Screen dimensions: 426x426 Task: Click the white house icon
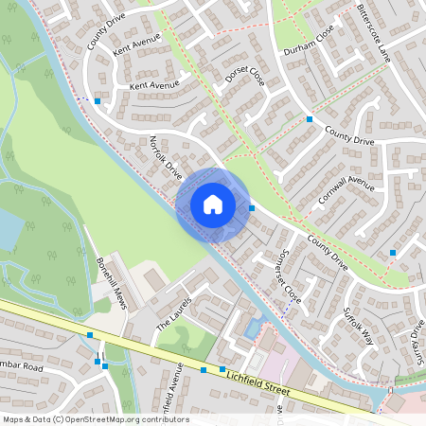click(x=213, y=204)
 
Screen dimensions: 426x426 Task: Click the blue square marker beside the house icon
click(x=252, y=208)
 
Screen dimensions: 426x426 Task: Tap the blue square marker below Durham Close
click(x=310, y=119)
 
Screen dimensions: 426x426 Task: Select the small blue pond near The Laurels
click(x=251, y=328)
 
